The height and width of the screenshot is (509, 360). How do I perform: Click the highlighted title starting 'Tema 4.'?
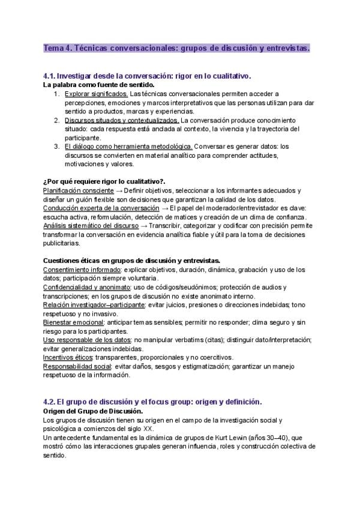[176, 47]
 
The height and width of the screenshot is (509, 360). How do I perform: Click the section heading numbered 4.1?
[147, 76]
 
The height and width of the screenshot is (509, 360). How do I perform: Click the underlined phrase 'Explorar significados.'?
[96, 94]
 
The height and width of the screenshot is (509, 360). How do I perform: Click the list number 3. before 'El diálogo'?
[56, 146]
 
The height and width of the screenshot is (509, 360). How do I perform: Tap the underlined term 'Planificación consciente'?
[79, 190]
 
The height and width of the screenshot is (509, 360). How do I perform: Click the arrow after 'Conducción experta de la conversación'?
[165, 208]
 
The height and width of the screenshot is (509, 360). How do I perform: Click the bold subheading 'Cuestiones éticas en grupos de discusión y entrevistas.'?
[132, 261]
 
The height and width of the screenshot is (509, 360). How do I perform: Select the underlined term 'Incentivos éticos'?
[67, 357]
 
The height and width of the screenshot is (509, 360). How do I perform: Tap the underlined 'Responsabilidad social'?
[77, 366]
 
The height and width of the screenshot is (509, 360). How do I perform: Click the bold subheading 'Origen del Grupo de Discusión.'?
[93, 411]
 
